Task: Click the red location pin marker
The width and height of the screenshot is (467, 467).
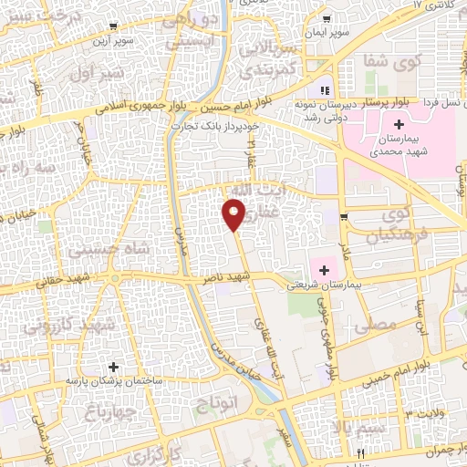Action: point(233,213)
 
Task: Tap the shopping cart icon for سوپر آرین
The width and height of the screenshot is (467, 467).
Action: point(111,26)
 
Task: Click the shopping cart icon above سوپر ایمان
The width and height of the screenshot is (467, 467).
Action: point(327,19)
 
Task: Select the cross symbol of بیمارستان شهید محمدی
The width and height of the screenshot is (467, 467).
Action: point(399,123)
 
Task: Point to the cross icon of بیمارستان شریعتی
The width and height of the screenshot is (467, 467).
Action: point(324,269)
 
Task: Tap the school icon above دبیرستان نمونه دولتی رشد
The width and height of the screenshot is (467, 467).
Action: point(323,90)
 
